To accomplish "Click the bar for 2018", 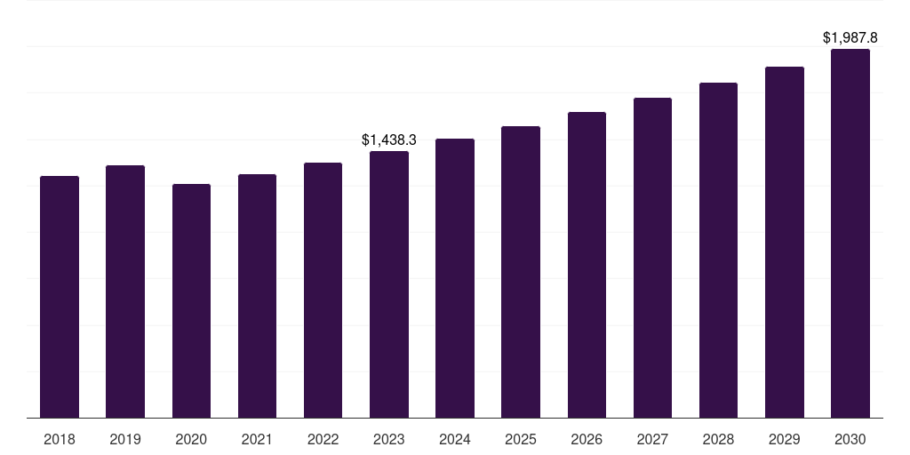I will [60, 297].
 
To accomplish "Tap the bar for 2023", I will [389, 284].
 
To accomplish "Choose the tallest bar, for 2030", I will [850, 233].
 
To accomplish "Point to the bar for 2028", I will [718, 250].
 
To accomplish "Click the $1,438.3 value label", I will [389, 140].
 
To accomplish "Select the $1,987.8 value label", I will [850, 37].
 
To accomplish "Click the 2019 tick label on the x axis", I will [125, 439].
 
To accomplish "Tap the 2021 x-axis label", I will [257, 439].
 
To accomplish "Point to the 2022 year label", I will [323, 439].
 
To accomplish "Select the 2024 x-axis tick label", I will [455, 439].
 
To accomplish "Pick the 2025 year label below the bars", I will [521, 439].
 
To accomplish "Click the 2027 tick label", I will [652, 439].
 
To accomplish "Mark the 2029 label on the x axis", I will [785, 439].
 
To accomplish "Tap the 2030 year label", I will [850, 439].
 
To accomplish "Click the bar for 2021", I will [257, 296].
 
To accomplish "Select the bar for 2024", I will [455, 278].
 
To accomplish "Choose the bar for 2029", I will [785, 242].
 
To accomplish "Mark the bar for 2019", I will [125, 291].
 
